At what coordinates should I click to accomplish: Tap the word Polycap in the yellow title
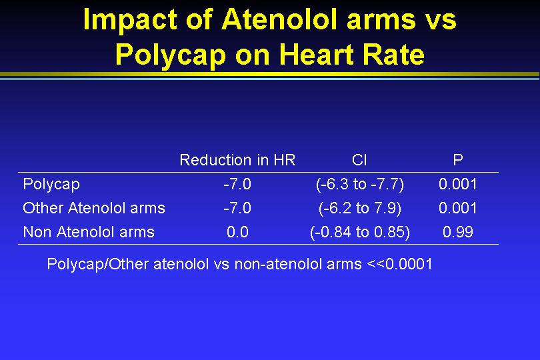pyautogui.click(x=171, y=55)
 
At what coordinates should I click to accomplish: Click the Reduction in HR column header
pyautogui.click(x=237, y=160)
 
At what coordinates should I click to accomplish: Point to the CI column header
pyautogui.click(x=359, y=160)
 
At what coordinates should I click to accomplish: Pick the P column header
pyautogui.click(x=458, y=160)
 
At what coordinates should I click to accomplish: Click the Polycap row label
pyautogui.click(x=51, y=184)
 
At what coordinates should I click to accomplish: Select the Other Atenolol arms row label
pyautogui.click(x=94, y=208)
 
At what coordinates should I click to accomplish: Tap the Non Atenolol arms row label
pyautogui.click(x=89, y=232)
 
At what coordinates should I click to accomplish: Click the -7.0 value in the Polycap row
pyautogui.click(x=237, y=184)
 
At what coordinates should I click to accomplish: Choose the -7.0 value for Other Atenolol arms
pyautogui.click(x=237, y=208)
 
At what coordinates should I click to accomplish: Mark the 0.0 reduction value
pyautogui.click(x=237, y=232)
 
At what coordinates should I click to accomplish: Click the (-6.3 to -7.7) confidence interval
pyautogui.click(x=359, y=184)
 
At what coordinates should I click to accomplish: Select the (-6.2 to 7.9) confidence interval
pyautogui.click(x=359, y=209)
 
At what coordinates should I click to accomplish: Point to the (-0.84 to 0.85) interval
pyautogui.click(x=359, y=232)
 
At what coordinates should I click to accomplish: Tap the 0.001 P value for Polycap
pyautogui.click(x=458, y=184)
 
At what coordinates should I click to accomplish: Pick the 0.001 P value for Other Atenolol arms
pyautogui.click(x=458, y=208)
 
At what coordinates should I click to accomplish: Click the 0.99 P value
pyautogui.click(x=458, y=232)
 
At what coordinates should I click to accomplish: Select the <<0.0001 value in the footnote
pyautogui.click(x=399, y=264)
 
